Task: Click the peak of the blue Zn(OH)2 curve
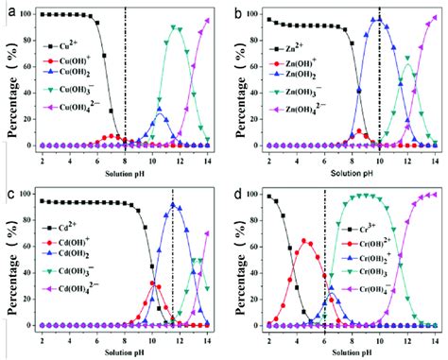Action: (x=379, y=19)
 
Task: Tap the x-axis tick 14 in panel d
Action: (x=434, y=338)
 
